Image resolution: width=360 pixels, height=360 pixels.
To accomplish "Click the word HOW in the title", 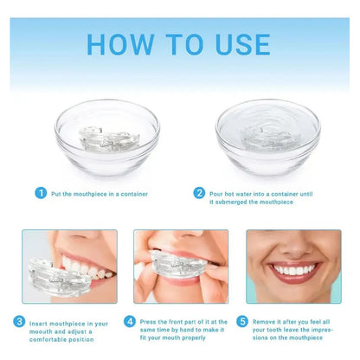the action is click(x=120, y=44).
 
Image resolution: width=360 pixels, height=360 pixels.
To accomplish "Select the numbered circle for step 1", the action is click(x=41, y=193).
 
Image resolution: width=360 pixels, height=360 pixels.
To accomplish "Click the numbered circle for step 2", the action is click(x=199, y=193).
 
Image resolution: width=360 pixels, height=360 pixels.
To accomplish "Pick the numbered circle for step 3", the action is click(x=19, y=321).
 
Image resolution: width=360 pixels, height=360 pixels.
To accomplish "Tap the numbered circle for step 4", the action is click(x=130, y=321).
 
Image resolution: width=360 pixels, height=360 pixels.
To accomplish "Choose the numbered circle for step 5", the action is click(x=242, y=321).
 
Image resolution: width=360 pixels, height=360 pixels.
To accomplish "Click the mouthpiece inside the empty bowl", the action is click(x=109, y=139).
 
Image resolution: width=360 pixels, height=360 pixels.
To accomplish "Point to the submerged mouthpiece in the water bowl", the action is click(x=266, y=139).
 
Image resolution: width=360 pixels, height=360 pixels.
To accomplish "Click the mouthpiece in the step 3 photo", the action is click(x=59, y=278).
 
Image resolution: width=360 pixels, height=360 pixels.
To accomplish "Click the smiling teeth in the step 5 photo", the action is click(x=293, y=270).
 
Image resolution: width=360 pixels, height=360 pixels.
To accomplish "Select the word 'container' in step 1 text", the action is click(x=134, y=194).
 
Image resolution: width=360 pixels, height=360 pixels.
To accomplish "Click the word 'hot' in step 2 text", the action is click(x=228, y=194).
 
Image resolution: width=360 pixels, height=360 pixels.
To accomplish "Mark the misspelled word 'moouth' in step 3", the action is click(x=41, y=331).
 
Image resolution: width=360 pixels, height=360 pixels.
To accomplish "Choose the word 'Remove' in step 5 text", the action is click(x=264, y=322).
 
